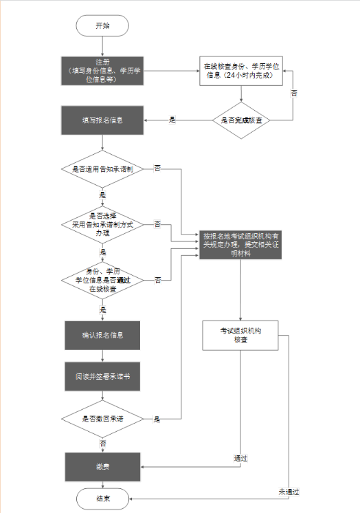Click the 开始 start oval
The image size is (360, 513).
pyautogui.click(x=102, y=25)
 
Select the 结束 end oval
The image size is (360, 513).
pyautogui.click(x=102, y=497)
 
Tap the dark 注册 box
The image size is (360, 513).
pyautogui.click(x=102, y=70)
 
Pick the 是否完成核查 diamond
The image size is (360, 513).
pyautogui.click(x=240, y=120)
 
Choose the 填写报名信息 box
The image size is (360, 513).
pyautogui.click(x=102, y=120)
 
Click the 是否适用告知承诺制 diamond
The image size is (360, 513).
pyautogui.click(x=102, y=168)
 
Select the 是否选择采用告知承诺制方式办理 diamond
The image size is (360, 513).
pyautogui.click(x=102, y=224)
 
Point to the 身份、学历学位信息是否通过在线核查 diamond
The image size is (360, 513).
pyautogui.click(x=102, y=280)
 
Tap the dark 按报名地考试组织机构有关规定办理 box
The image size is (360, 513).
pyautogui.click(x=240, y=242)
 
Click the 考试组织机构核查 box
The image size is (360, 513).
pyautogui.click(x=240, y=336)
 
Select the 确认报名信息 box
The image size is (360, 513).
pyautogui.click(x=102, y=336)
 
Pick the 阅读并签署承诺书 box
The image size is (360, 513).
pyautogui.click(x=102, y=376)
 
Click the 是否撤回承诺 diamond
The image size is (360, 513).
pyautogui.click(x=102, y=419)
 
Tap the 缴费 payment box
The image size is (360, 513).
pyautogui.click(x=102, y=466)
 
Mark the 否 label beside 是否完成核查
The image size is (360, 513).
pyautogui.click(x=294, y=92)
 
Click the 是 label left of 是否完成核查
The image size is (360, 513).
pyautogui.click(x=172, y=120)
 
